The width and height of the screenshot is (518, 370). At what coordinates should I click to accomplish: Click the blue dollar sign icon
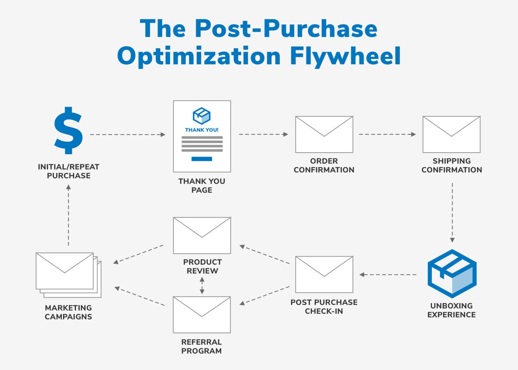(x=68, y=130)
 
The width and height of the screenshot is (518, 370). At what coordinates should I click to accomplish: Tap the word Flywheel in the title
(x=345, y=56)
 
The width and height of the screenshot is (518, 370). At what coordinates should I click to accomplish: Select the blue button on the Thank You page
(x=202, y=159)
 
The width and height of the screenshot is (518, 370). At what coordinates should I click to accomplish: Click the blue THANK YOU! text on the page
(x=202, y=130)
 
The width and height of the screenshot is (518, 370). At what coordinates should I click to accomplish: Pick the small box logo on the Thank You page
(x=202, y=116)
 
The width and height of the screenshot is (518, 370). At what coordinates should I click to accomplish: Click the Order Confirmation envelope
(x=324, y=134)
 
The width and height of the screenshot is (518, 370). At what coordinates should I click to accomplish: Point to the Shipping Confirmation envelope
(x=451, y=134)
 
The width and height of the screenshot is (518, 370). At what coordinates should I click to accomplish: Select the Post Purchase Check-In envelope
(x=324, y=274)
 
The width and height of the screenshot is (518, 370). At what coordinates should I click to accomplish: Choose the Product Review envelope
(x=202, y=235)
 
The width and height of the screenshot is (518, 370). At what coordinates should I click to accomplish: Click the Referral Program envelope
(x=202, y=315)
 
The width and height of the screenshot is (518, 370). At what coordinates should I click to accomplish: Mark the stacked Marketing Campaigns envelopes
(x=67, y=274)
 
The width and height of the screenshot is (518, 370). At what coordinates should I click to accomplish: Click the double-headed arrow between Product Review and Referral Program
(x=202, y=286)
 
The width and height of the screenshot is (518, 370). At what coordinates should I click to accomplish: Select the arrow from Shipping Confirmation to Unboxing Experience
(x=452, y=213)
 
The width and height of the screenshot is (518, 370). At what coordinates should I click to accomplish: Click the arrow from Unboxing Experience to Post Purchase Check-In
(x=388, y=274)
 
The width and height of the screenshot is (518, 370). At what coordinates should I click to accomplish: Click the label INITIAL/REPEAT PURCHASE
(x=68, y=171)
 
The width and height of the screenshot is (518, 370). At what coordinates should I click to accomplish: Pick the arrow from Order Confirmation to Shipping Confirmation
(x=387, y=134)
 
